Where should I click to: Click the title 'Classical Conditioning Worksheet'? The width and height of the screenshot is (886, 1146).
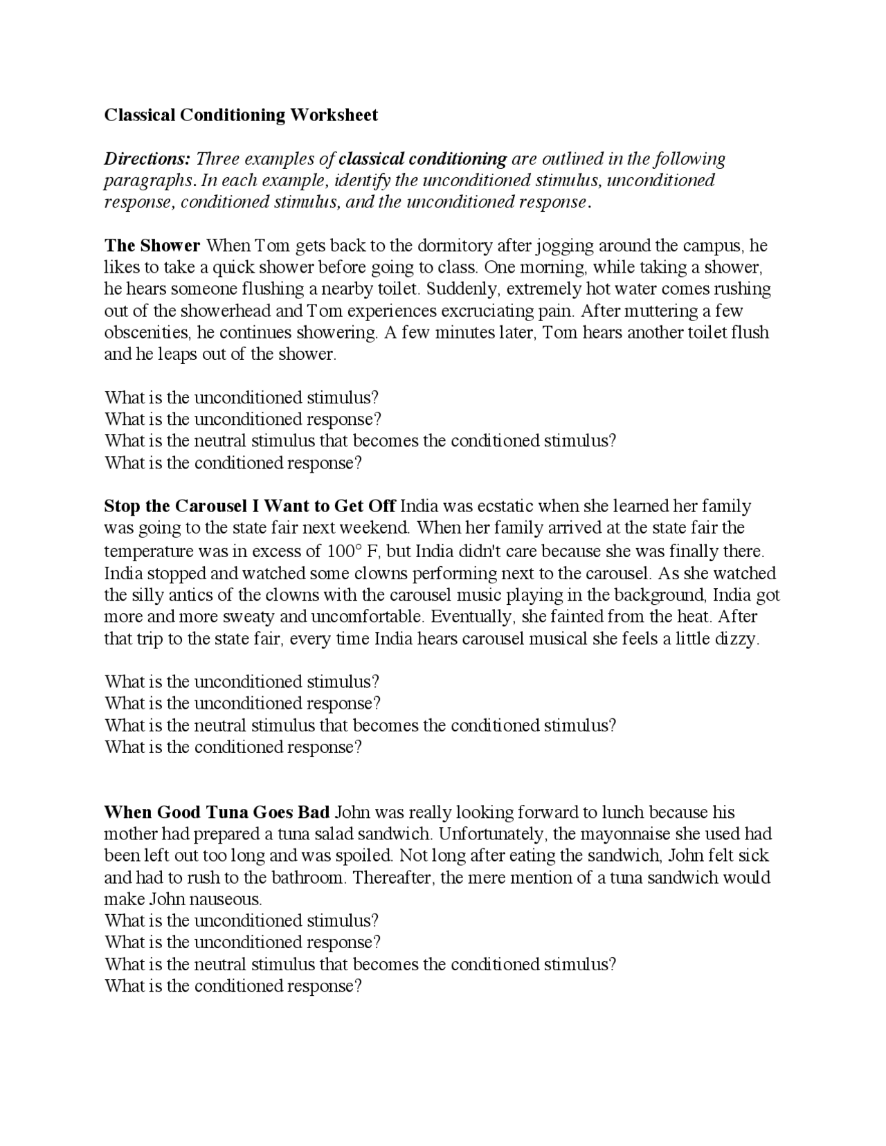[241, 115]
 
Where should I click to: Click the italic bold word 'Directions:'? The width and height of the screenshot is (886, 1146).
[147, 158]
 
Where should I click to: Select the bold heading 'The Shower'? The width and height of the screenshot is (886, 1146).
[152, 246]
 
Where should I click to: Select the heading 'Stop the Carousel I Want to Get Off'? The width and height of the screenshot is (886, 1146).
[250, 506]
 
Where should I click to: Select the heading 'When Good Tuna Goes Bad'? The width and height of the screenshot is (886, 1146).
[217, 812]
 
